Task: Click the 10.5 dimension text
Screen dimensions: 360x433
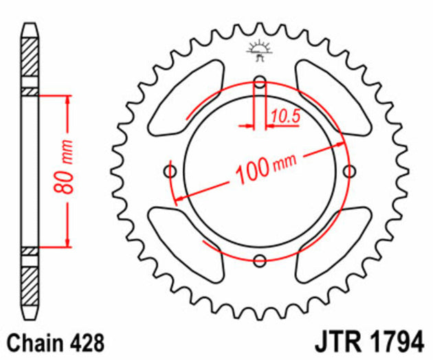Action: [x=285, y=117]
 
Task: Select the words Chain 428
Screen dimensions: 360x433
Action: [x=56, y=341]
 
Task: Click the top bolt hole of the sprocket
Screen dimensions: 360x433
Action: [x=260, y=83]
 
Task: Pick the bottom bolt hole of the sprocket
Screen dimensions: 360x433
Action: [x=260, y=260]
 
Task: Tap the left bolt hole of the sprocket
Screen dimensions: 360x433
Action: [x=171, y=171]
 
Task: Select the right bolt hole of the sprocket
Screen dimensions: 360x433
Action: [x=348, y=171]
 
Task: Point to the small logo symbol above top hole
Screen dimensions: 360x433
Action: [x=260, y=49]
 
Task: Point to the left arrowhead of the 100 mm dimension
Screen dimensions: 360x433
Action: [x=179, y=199]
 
